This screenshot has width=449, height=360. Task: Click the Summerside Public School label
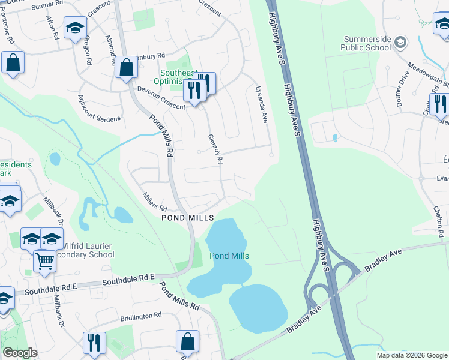(366, 43)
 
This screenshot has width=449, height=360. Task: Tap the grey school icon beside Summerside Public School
(401, 42)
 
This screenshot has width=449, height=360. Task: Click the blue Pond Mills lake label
(229, 256)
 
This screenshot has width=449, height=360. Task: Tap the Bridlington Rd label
(140, 315)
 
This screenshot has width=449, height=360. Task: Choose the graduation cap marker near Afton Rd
(76, 28)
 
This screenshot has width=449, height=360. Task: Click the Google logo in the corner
(20, 353)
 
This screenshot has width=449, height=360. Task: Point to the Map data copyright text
(412, 355)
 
